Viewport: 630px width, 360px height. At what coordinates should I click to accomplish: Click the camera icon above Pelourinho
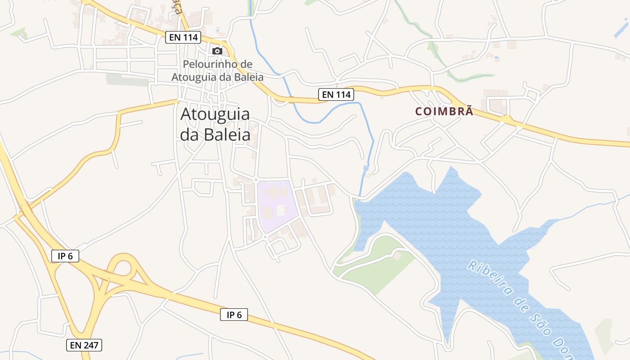pos(217,51)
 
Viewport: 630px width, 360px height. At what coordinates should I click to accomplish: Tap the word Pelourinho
pos(217,64)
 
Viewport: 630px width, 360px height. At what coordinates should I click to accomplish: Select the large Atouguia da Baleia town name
pos(215,124)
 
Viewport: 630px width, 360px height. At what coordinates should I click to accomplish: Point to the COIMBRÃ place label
pos(444,112)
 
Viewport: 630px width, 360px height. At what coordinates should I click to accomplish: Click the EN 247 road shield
pos(85,345)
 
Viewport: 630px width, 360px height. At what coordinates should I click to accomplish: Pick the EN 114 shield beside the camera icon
pos(183,37)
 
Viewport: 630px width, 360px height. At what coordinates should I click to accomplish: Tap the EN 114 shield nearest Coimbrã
pos(336,94)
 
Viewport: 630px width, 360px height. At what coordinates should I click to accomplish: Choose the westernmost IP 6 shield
pos(65,256)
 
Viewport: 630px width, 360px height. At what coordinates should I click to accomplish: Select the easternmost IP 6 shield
pos(234,315)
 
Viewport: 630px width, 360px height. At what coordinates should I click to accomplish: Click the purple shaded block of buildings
pos(277,205)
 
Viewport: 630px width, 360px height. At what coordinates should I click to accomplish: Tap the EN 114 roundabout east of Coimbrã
pos(507,120)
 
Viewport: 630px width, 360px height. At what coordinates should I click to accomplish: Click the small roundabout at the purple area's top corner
pos(256,180)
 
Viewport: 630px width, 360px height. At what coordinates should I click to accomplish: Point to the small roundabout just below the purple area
pos(265,237)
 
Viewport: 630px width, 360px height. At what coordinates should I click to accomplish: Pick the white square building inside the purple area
pos(281,210)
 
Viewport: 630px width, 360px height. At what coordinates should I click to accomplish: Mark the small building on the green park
pos(397,256)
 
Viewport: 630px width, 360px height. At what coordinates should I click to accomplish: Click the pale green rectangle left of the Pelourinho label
pos(127,80)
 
